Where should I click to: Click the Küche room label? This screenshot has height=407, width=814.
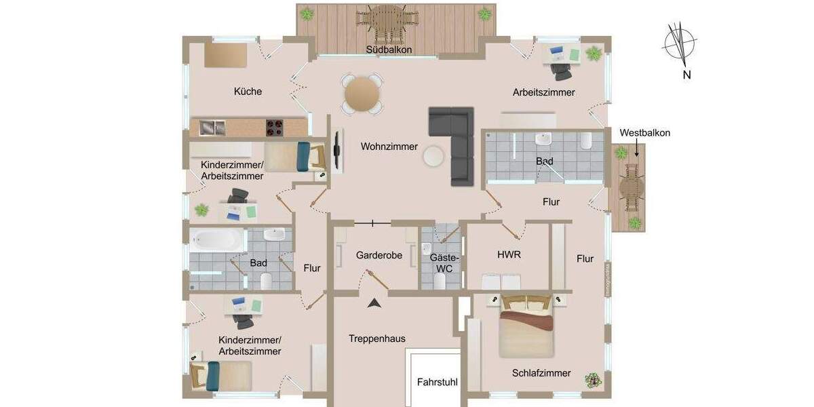point(248,92)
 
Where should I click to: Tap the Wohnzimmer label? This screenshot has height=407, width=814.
point(389,147)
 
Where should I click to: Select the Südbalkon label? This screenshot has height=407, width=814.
point(389,50)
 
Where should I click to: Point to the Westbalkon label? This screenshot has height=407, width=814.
point(644,133)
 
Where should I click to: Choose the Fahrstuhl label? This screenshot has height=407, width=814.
point(438,383)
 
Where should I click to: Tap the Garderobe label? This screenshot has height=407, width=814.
point(379,256)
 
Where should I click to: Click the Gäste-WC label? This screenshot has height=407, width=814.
point(445,263)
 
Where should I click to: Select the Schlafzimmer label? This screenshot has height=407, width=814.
point(541,373)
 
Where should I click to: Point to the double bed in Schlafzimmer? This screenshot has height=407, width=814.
point(527,327)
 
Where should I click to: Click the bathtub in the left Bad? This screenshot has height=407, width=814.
point(218,239)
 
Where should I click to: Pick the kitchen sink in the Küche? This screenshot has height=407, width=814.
point(212,126)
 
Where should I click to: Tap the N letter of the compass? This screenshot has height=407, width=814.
point(686,75)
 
